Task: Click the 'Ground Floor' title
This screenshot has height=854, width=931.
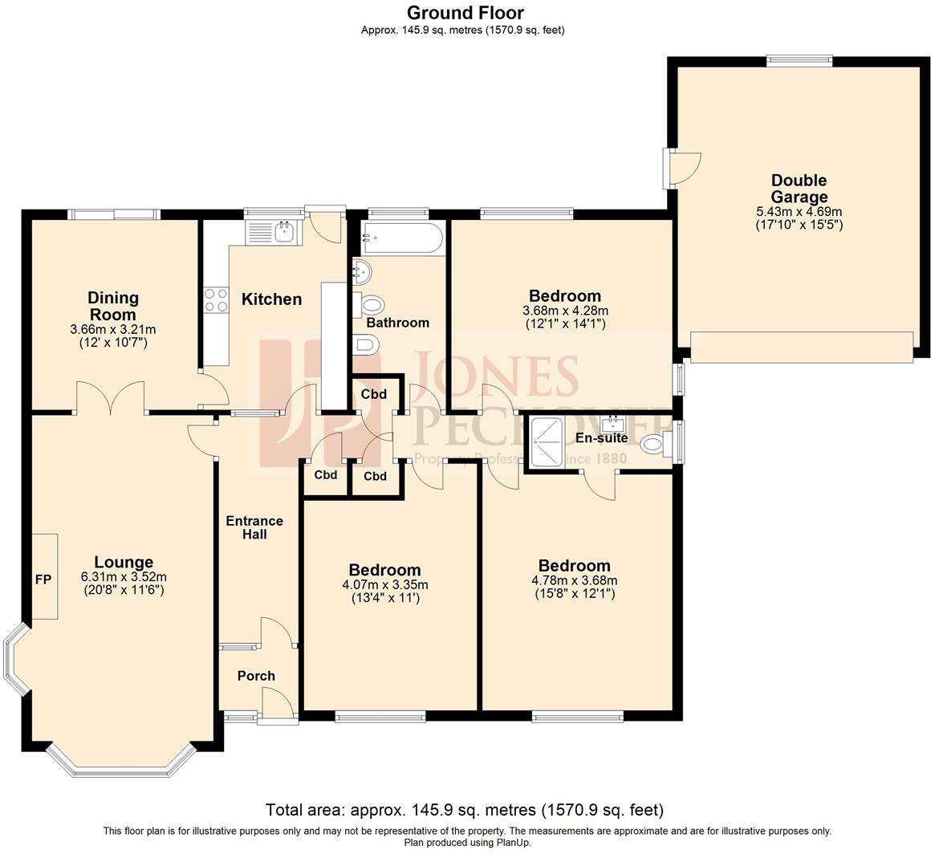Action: pyautogui.click(x=465, y=13)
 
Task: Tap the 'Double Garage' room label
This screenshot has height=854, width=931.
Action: pyautogui.click(x=799, y=189)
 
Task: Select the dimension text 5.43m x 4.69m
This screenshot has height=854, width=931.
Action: pyautogui.click(x=799, y=211)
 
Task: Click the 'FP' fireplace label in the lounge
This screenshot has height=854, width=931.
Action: pyautogui.click(x=43, y=578)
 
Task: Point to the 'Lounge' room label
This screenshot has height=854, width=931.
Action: pyautogui.click(x=124, y=562)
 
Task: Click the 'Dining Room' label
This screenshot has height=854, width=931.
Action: pyautogui.click(x=113, y=306)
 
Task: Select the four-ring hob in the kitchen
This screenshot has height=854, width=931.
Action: pyautogui.click(x=215, y=300)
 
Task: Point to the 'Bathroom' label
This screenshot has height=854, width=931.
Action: pyautogui.click(x=397, y=323)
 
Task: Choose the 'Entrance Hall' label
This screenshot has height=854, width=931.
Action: pyautogui.click(x=254, y=527)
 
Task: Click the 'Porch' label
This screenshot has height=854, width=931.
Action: pyautogui.click(x=256, y=676)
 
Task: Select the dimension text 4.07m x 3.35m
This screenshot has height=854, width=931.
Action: pyautogui.click(x=384, y=584)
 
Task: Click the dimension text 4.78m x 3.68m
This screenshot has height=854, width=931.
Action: pyautogui.click(x=574, y=580)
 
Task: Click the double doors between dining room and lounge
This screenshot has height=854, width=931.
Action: pyautogui.click(x=111, y=397)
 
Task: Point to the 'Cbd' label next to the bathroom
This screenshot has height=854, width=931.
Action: pyautogui.click(x=374, y=394)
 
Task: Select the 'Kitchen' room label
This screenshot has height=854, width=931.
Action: pyautogui.click(x=272, y=299)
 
